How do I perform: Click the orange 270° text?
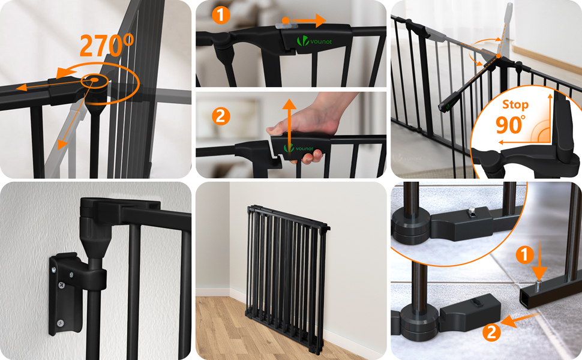coord(107,46)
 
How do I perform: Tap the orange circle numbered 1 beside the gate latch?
coord(221,15)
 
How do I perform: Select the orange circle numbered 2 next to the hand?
coord(221,116)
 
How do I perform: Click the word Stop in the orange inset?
coord(515,105)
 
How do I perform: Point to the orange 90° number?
coord(511,125)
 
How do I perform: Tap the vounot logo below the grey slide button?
coord(314,41)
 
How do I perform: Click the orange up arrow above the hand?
coord(289,125)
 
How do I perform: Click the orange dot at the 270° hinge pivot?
coord(94,80)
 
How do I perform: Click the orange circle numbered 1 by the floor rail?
coord(525,255)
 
